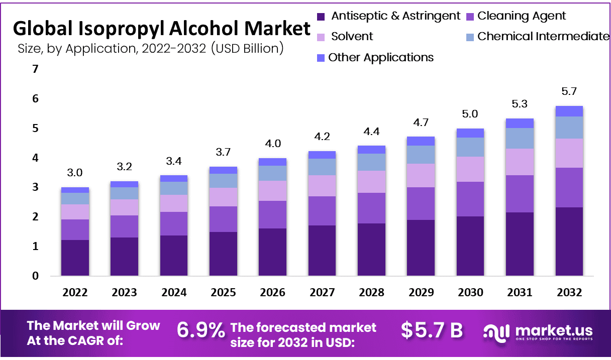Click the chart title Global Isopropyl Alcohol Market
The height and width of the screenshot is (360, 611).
click(x=161, y=29)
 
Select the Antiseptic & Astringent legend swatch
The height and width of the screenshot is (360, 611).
click(x=321, y=17)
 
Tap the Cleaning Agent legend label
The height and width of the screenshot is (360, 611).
click(x=522, y=16)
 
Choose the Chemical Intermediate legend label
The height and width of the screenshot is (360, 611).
click(x=543, y=37)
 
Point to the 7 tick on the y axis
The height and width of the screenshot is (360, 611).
click(x=35, y=69)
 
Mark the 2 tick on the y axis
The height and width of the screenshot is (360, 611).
click(x=35, y=217)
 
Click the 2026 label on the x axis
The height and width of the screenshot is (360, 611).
click(x=273, y=293)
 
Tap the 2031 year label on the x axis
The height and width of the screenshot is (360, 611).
click(x=520, y=293)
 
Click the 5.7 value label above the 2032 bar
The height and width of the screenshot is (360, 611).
click(x=569, y=92)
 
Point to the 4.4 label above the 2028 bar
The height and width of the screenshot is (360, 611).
click(x=372, y=132)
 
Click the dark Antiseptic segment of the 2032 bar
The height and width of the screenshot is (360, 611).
click(x=569, y=241)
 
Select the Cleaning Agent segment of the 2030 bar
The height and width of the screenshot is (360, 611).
click(x=470, y=199)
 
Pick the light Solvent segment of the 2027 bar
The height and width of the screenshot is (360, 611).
click(x=322, y=186)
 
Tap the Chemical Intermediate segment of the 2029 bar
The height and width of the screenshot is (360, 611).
click(x=421, y=154)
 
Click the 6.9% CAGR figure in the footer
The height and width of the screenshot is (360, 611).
click(x=200, y=330)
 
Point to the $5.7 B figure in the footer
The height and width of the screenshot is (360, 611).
click(x=432, y=330)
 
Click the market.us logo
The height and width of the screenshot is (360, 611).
click(x=538, y=332)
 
